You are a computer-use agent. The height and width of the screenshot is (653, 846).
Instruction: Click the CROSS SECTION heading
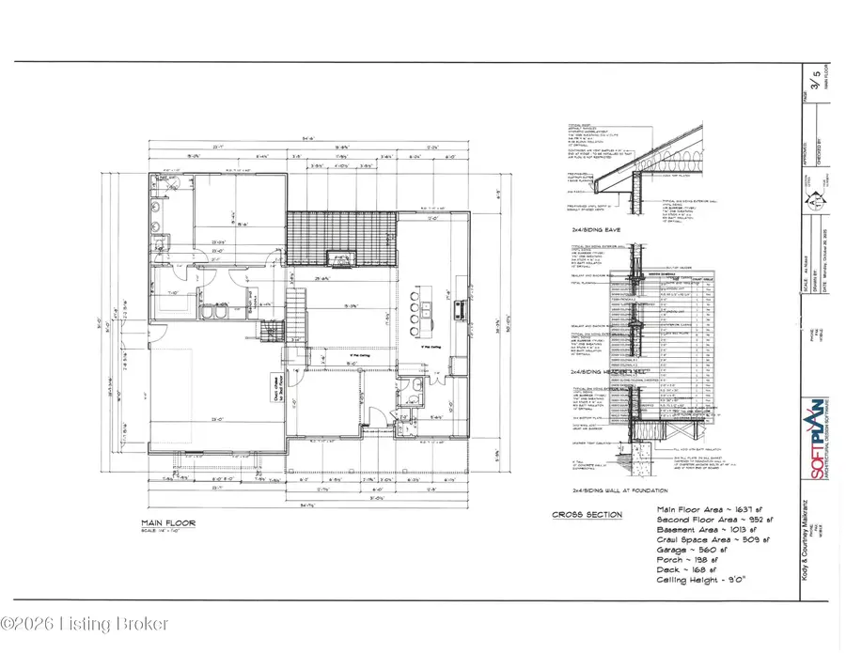587,515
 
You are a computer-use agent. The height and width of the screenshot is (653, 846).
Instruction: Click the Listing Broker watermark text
85,623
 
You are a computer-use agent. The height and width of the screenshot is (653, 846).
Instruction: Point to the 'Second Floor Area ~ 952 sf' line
715,520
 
